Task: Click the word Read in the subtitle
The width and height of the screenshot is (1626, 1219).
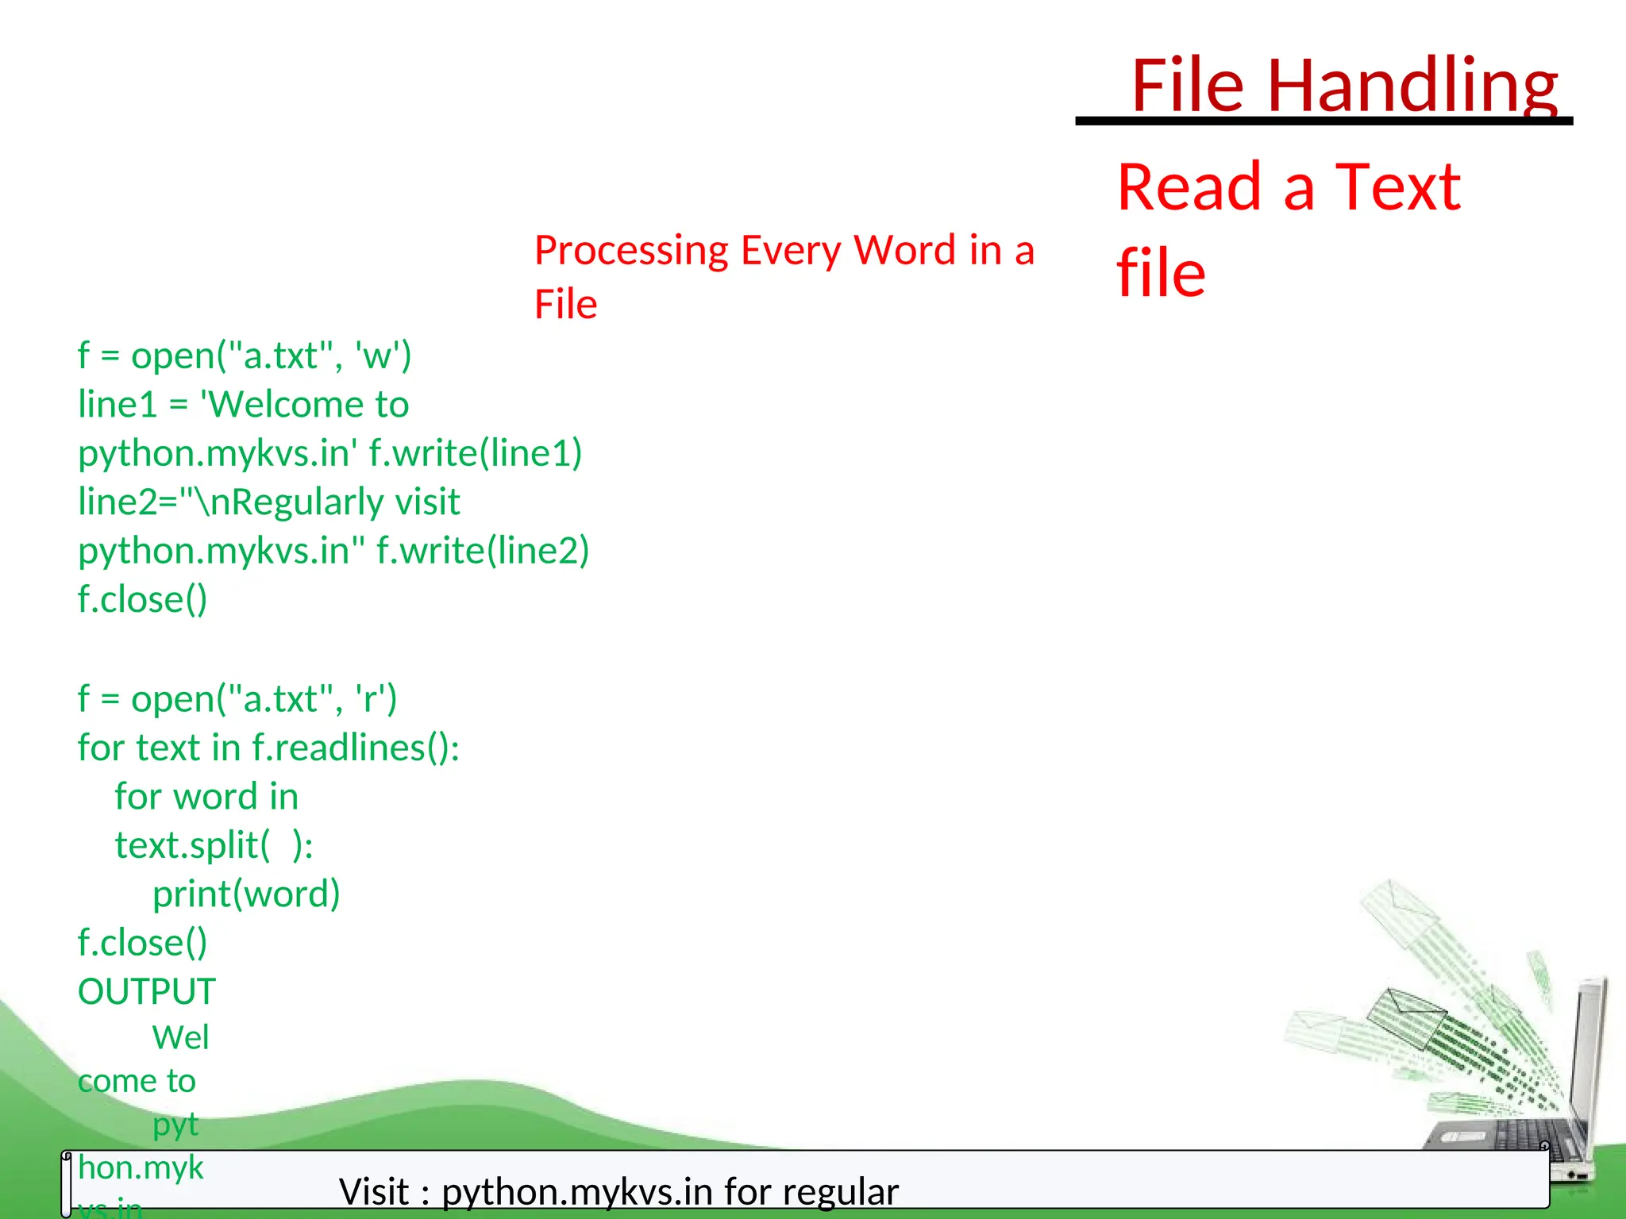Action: (1189, 187)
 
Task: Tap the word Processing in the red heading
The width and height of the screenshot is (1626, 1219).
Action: (631, 251)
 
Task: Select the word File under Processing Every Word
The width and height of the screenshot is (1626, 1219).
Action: (565, 305)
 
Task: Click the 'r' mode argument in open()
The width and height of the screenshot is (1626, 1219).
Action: (369, 699)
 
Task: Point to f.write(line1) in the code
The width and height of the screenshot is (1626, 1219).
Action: (475, 453)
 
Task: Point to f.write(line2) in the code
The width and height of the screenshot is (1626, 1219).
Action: (482, 551)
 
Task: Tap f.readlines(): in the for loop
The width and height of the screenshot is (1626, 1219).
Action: (355, 748)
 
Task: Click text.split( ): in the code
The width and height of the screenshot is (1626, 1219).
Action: (214, 845)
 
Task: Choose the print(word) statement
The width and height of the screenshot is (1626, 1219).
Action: (246, 894)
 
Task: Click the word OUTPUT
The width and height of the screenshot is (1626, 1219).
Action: (147, 992)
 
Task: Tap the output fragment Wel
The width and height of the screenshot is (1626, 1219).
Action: (180, 1038)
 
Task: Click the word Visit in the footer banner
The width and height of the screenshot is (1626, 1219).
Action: (374, 1192)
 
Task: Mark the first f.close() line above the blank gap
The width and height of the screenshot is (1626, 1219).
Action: (142, 599)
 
